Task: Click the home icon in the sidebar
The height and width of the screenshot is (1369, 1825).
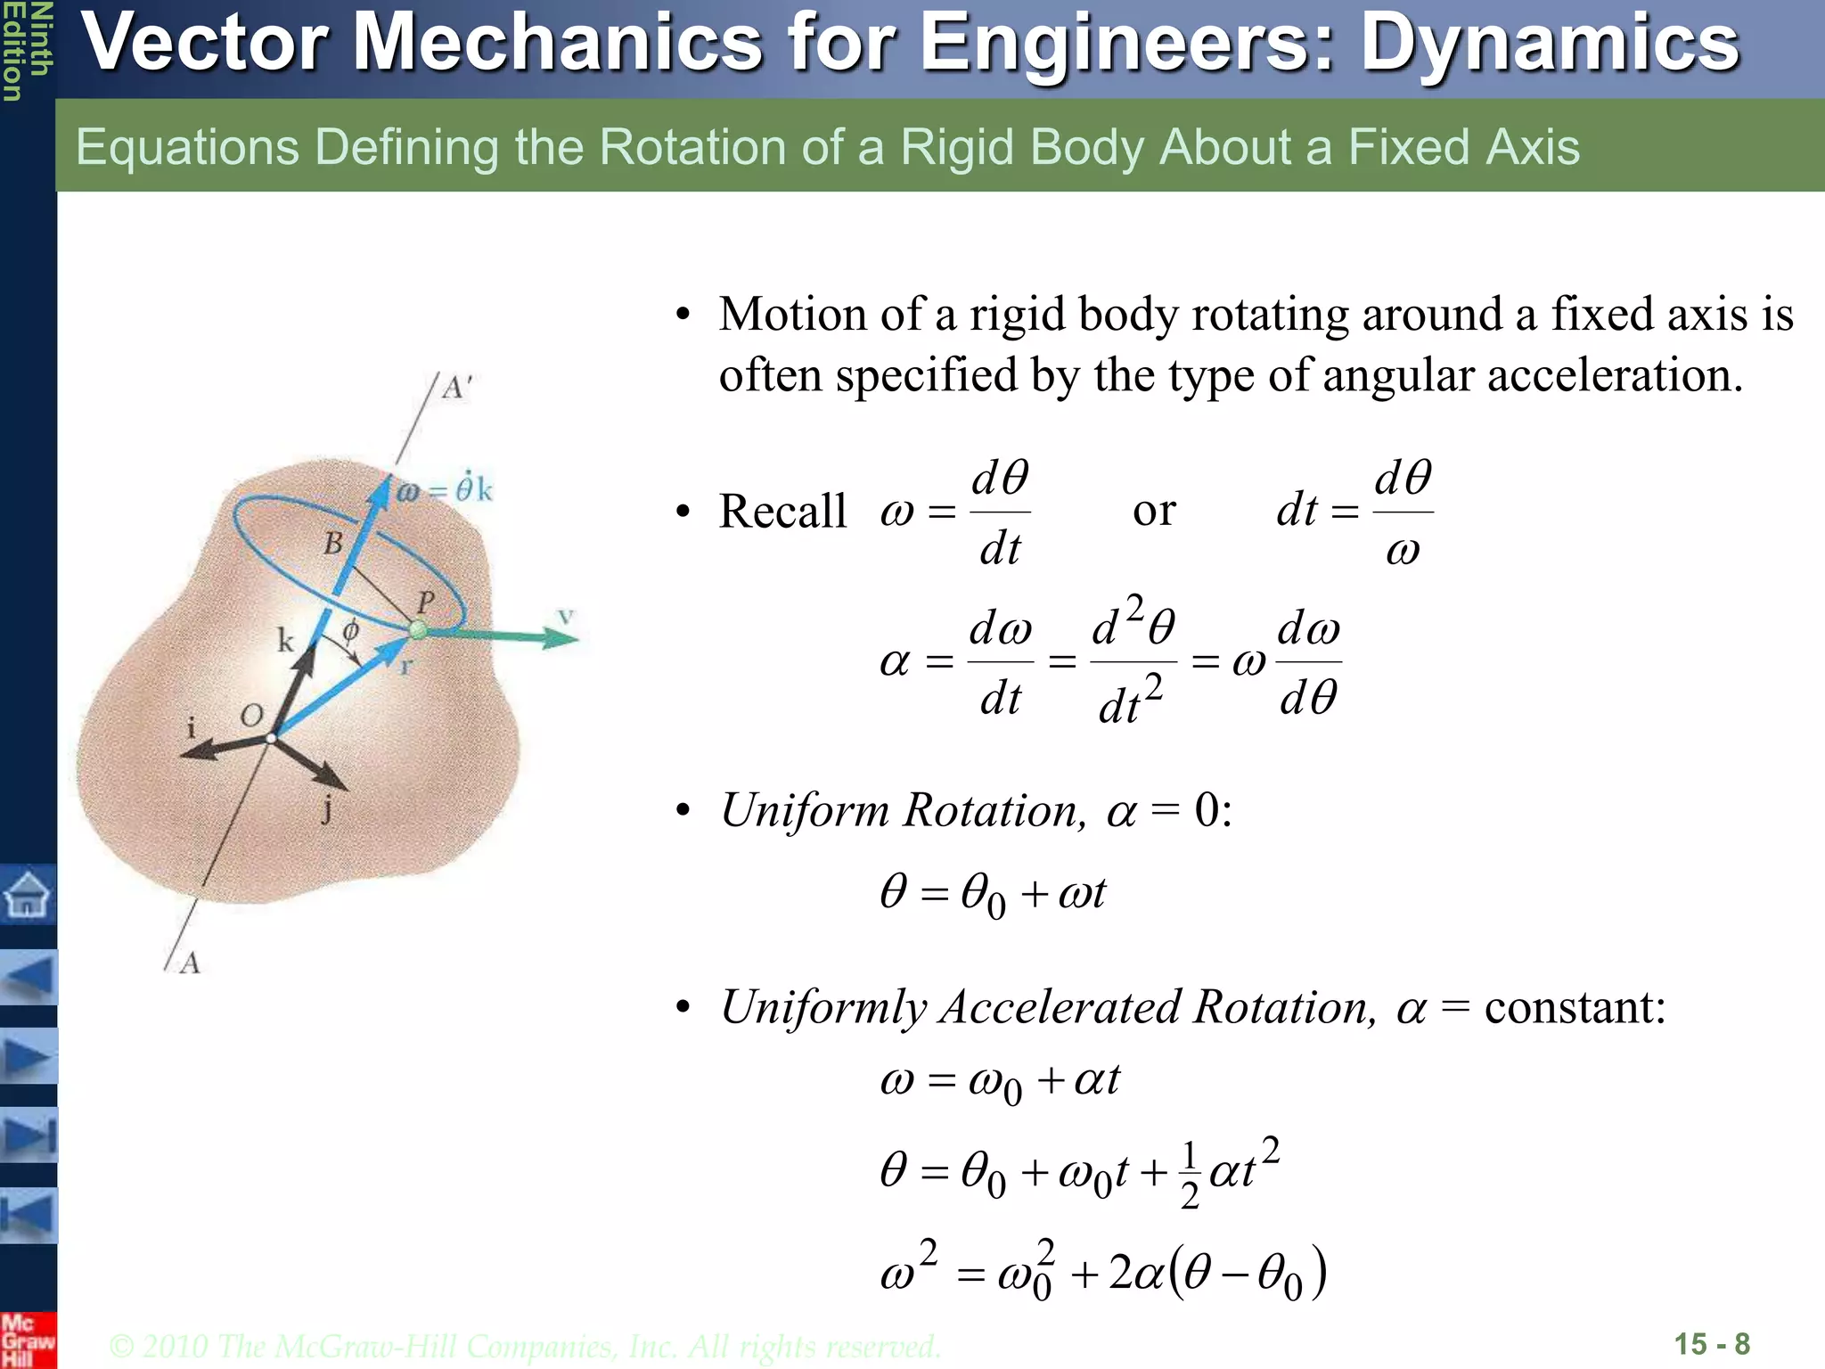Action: point(28,894)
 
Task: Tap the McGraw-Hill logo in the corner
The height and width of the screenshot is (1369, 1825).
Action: point(27,1340)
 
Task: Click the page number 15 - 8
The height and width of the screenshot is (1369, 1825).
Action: point(1712,1343)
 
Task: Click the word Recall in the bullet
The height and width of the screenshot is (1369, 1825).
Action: point(782,512)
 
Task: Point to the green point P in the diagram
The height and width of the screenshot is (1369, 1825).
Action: point(418,630)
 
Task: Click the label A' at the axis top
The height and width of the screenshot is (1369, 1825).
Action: point(457,389)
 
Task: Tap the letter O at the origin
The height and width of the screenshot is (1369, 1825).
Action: point(252,715)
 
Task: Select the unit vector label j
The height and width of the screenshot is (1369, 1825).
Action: point(328,810)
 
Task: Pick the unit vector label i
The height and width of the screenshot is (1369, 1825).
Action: point(190,728)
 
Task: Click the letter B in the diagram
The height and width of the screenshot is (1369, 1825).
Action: point(333,543)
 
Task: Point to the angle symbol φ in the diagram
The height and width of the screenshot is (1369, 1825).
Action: point(351,630)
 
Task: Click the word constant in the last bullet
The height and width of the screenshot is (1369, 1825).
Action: point(1575,1008)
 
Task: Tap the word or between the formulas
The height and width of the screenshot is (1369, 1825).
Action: point(1154,511)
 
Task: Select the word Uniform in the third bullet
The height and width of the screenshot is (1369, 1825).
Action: point(805,810)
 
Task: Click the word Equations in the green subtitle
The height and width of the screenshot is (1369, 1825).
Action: point(187,147)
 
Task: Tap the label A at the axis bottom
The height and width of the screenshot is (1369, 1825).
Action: point(190,963)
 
